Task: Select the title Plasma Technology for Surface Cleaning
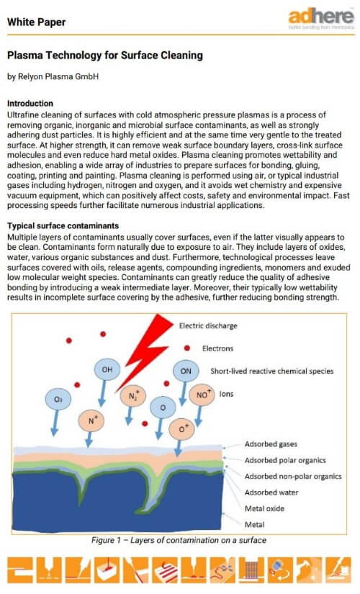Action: (104, 55)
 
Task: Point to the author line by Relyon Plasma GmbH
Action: (53, 76)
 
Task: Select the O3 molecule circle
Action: (58, 398)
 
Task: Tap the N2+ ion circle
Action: (132, 395)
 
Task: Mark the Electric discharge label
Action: (209, 325)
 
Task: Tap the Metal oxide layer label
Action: (265, 508)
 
